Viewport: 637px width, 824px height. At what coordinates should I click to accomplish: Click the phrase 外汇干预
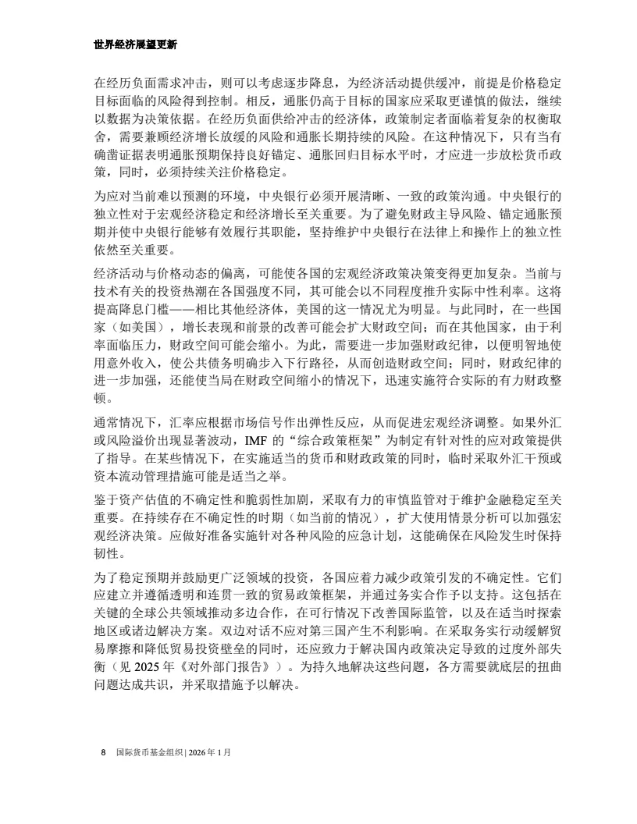coord(528,458)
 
